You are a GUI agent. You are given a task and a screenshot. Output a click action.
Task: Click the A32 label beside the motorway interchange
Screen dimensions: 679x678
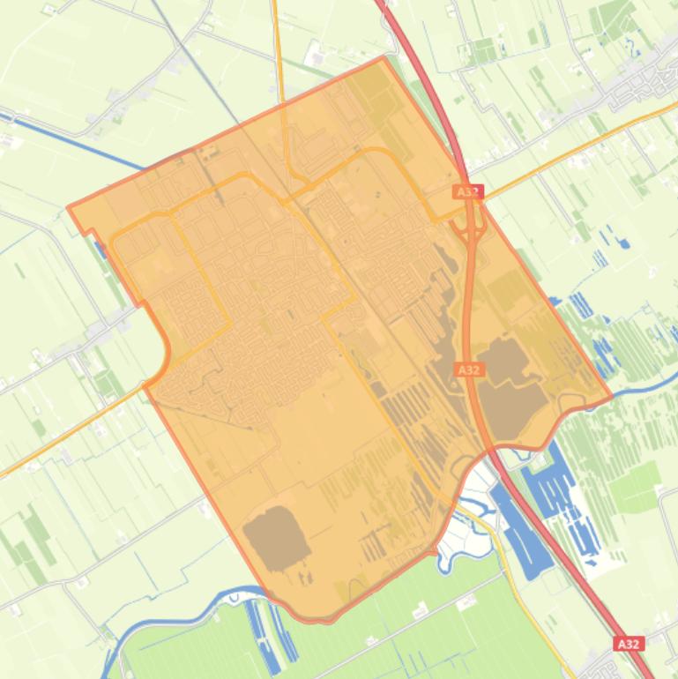pos(468,191)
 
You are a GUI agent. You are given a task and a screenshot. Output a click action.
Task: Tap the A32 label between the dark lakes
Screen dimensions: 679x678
pos(468,369)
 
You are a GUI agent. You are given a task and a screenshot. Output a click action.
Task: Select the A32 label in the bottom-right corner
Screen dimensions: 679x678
pos(628,645)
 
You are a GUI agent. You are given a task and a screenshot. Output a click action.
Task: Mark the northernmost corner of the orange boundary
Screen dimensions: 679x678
pos(384,57)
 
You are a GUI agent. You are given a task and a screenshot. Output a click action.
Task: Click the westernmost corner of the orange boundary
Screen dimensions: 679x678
pos(69,207)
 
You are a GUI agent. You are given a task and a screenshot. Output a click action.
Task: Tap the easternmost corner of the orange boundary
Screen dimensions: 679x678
pos(611,398)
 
